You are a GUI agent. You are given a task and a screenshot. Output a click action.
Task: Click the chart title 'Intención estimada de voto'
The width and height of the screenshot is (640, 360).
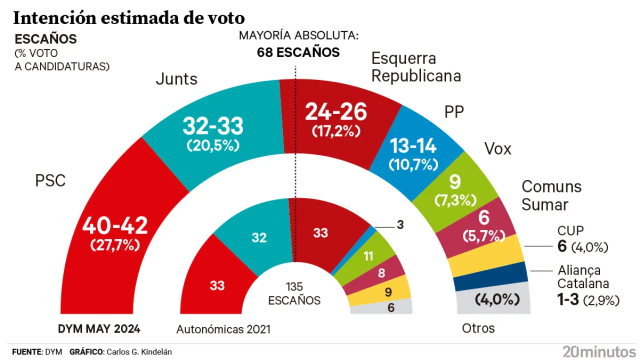click(128, 18)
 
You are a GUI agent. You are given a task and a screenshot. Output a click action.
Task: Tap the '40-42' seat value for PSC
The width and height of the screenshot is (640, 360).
click(115, 226)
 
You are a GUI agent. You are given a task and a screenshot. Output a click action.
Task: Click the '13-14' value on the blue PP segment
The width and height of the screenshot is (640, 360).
click(413, 146)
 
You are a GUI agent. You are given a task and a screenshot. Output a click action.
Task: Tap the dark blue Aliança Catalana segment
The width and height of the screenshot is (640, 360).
click(491, 276)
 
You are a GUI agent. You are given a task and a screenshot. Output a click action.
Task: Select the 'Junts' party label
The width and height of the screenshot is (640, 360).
click(176, 79)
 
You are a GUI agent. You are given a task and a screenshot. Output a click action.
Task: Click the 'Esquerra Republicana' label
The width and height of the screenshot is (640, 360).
click(416, 67)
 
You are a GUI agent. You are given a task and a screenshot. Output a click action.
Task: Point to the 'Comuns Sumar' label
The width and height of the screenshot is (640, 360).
click(551, 195)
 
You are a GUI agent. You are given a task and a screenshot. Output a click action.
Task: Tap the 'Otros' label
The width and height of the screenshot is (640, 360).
click(478, 328)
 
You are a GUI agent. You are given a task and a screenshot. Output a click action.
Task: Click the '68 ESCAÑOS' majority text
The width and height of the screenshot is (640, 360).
click(298, 52)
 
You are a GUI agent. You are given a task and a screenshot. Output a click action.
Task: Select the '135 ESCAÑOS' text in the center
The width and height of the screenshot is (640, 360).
click(294, 294)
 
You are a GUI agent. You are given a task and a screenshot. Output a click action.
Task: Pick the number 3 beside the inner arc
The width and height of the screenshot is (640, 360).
click(400, 225)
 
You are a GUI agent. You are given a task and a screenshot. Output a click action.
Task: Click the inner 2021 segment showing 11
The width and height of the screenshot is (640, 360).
click(368, 256)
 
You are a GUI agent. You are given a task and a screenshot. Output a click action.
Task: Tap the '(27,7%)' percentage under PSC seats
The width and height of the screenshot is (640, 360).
click(115, 245)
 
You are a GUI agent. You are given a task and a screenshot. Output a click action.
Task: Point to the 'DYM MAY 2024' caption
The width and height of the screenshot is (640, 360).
click(99, 329)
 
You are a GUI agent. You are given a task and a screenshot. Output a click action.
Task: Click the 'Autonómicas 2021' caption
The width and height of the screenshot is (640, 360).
click(223, 329)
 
